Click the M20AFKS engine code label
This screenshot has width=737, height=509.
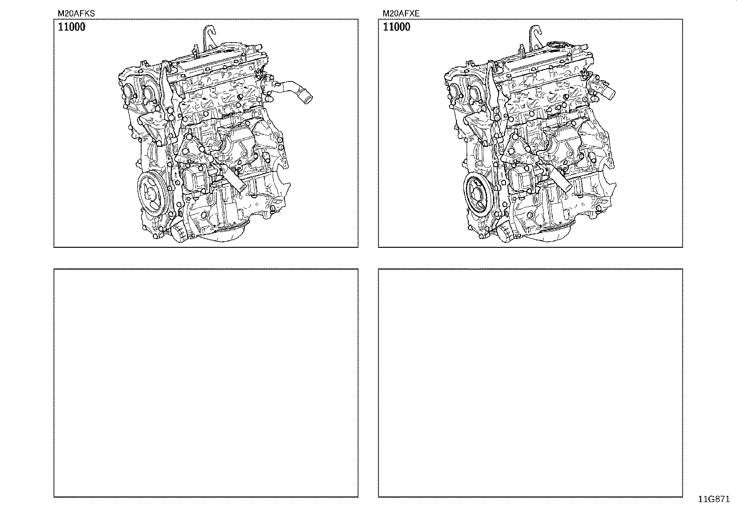(x=76, y=13)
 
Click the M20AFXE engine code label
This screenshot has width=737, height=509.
(x=401, y=13)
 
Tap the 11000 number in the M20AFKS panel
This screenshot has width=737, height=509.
(x=72, y=27)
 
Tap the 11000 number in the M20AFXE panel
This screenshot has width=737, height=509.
(x=396, y=27)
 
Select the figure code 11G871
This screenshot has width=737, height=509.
(x=714, y=499)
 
